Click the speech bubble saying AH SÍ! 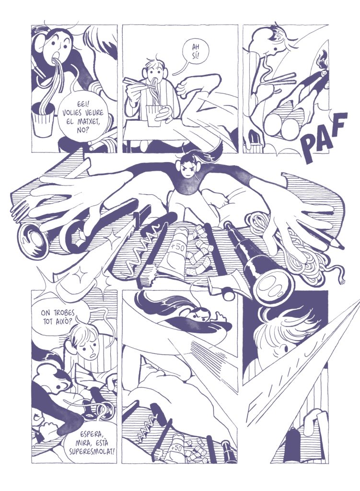195,54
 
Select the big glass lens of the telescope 272,286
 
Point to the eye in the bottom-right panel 285,348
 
